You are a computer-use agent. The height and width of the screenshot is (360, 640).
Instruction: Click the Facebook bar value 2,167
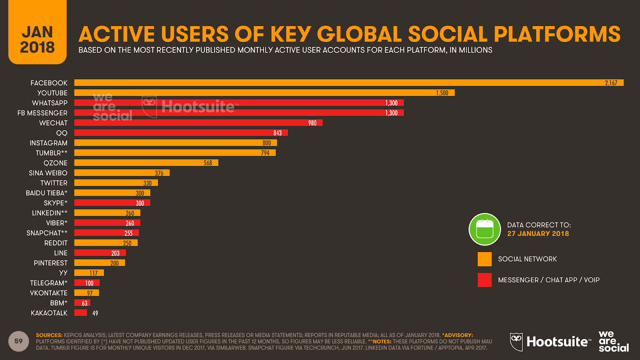611,83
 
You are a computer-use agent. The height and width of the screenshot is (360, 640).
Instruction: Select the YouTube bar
264,93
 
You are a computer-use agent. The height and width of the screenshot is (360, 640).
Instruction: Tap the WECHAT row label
53,123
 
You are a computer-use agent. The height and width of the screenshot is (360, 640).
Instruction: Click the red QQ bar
181,133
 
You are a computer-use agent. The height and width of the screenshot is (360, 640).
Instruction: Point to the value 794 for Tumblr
265,153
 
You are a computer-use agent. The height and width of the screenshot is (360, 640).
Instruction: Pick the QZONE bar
146,163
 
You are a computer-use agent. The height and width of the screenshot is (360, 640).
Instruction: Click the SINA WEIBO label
48,173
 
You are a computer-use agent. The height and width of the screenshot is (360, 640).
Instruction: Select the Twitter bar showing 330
116,183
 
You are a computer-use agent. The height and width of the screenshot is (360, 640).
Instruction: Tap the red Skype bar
112,203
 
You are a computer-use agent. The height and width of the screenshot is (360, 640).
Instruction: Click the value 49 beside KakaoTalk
95,313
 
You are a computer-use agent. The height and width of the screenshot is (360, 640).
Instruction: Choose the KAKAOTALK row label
49,313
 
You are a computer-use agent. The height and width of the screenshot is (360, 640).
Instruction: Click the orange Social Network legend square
484,259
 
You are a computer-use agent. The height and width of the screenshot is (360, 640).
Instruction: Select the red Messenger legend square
484,280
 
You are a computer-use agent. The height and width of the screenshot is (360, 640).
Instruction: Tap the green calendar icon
485,229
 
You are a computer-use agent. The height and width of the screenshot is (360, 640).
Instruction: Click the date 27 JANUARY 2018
538,234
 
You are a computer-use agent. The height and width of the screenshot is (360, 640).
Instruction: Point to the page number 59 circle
18,341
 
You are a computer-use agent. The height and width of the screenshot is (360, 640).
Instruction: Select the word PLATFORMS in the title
557,34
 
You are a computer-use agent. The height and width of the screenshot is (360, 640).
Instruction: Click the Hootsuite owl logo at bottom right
516,342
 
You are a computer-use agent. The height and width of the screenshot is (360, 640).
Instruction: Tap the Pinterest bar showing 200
100,263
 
